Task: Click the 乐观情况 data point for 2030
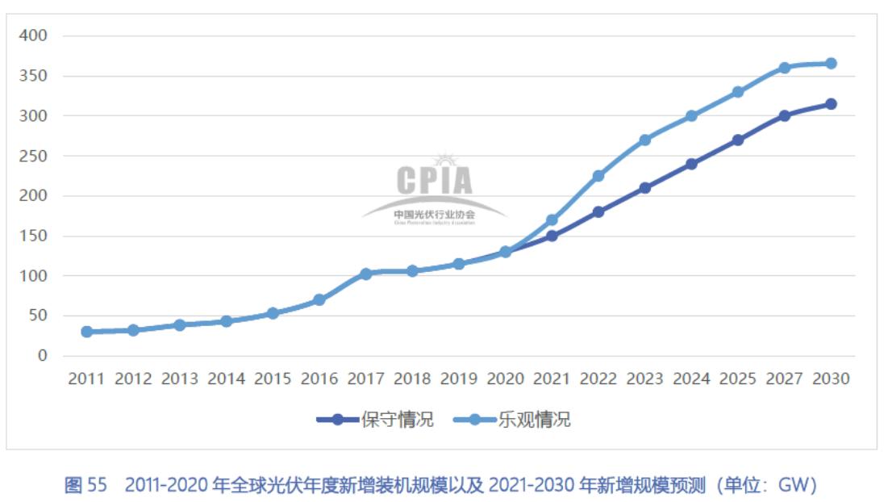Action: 831,63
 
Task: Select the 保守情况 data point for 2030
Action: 831,104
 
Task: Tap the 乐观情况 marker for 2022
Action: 598,176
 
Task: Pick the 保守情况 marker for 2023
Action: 644,188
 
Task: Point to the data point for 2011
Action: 86,332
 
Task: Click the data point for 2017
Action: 365,274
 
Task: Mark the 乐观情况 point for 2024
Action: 691,116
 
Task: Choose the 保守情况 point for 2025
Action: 738,140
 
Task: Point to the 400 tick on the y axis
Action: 34,36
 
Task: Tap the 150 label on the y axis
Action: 34,236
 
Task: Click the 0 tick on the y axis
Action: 42,356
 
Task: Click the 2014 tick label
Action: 226,379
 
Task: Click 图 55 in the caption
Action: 85,485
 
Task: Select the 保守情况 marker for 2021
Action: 552,236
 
